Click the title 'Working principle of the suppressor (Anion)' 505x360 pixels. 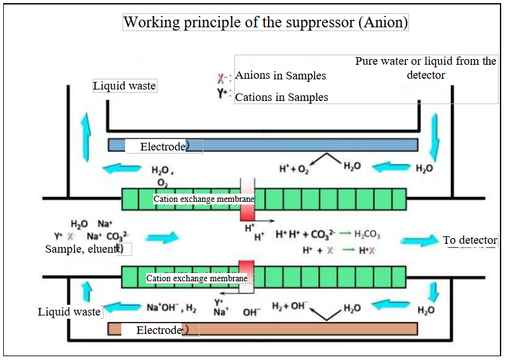266,22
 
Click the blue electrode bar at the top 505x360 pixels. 305,145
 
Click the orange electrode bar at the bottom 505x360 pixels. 305,329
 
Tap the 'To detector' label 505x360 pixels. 470,240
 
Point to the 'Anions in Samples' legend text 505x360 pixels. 280,76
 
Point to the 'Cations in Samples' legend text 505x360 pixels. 281,97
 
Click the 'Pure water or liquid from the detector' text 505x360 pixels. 426,68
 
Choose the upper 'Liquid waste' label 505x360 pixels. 125,86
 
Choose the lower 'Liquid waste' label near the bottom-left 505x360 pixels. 69,311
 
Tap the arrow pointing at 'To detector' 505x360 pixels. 420,241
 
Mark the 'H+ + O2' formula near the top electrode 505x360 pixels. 294,169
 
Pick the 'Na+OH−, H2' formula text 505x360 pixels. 172,308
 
